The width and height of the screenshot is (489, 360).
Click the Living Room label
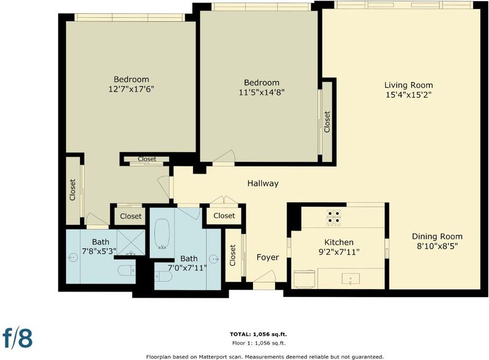click(x=408, y=85)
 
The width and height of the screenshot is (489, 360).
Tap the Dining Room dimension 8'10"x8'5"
click(x=437, y=246)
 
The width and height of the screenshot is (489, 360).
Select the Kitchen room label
click(x=339, y=243)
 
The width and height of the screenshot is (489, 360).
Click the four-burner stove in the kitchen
click(x=334, y=217)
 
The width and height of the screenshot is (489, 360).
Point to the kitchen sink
click(x=351, y=279)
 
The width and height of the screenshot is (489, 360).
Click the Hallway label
click(x=263, y=183)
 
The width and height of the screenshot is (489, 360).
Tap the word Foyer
click(x=268, y=257)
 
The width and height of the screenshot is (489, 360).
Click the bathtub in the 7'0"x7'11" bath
click(x=162, y=233)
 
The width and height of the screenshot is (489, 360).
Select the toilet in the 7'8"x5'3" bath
click(x=127, y=270)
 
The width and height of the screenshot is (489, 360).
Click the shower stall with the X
click(x=131, y=242)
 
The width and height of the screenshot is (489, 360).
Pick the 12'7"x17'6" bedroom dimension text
click(x=131, y=89)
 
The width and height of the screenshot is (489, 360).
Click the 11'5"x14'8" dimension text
click(x=262, y=92)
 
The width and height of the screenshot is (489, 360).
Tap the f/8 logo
click(x=18, y=337)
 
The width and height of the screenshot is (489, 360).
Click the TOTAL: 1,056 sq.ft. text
click(x=258, y=334)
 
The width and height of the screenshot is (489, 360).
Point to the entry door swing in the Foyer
click(x=265, y=276)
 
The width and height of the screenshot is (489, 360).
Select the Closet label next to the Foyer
click(x=233, y=255)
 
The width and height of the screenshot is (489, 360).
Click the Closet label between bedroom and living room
click(x=327, y=122)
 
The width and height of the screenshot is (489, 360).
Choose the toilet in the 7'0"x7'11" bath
click(x=163, y=276)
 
